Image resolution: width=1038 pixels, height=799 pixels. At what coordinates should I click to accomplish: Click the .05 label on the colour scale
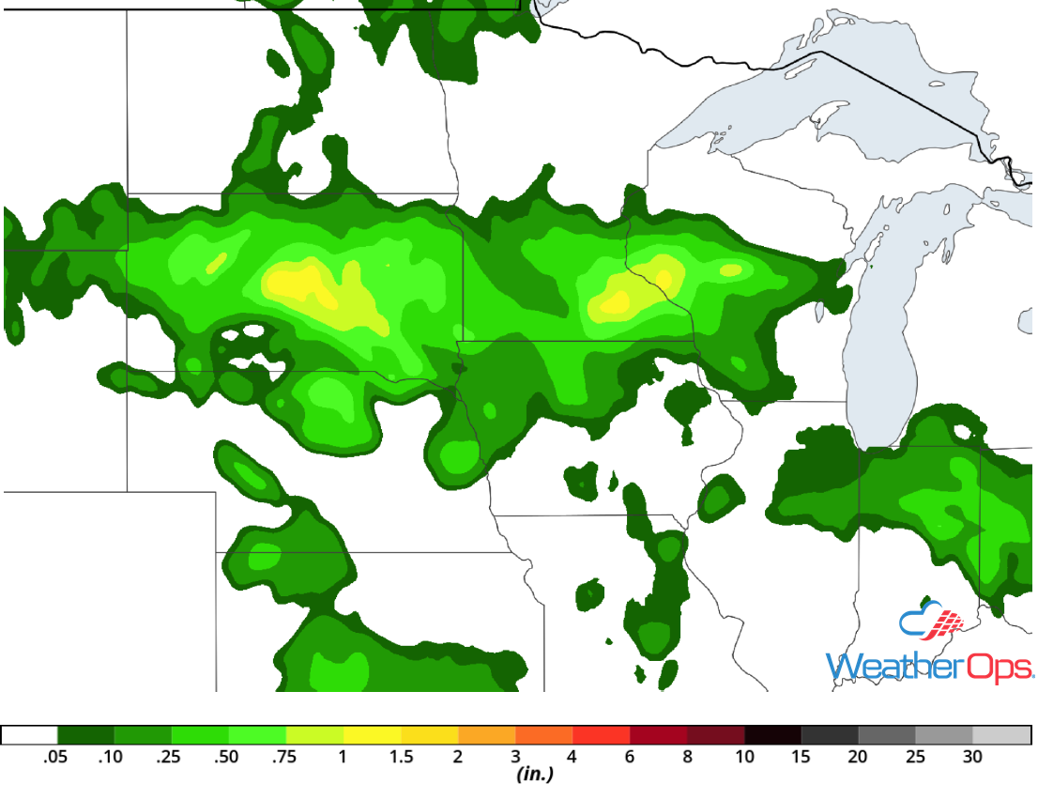57,757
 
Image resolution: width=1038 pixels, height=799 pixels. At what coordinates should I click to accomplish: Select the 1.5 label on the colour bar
401,757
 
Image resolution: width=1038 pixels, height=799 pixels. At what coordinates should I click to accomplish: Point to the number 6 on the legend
630,757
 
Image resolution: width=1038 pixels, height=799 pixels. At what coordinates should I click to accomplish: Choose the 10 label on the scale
744,757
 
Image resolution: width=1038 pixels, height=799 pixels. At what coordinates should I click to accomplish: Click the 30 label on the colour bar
973,757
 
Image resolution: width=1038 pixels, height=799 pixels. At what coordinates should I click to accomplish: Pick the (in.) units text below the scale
533,776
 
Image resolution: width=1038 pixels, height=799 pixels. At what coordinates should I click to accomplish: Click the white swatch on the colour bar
29,735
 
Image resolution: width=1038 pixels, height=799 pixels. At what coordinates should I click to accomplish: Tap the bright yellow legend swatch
373,735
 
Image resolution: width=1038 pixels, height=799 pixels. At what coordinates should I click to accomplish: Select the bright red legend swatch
602,735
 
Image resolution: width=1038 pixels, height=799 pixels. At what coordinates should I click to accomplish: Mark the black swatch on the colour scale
773,735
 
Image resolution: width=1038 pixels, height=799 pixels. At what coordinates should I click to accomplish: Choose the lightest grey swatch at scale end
1002,735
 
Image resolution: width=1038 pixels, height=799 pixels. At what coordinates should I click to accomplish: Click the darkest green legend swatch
86,735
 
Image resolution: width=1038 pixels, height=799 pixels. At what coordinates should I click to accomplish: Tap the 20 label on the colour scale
859,757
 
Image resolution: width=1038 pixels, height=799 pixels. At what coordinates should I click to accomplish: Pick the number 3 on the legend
515,757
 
